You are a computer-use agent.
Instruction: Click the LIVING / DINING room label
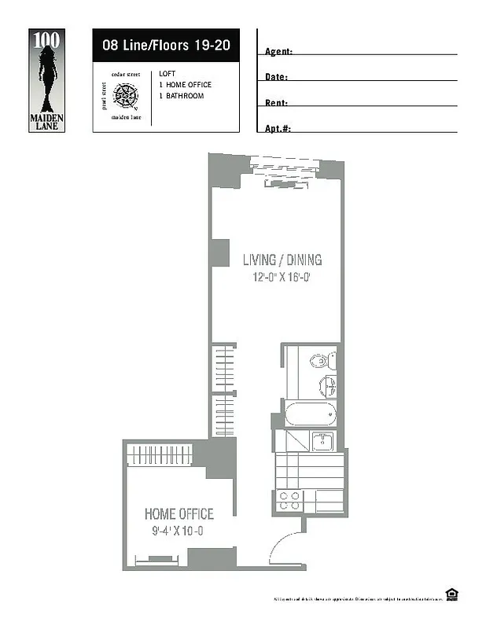(281, 260)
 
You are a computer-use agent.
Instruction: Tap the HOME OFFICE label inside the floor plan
(179, 514)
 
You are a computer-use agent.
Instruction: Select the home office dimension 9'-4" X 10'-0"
(178, 532)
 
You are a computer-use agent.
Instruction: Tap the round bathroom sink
(328, 386)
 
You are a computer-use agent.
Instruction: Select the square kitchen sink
(322, 441)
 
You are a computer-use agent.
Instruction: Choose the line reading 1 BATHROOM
(181, 96)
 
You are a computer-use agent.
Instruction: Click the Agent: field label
(278, 52)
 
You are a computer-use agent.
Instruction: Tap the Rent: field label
(276, 103)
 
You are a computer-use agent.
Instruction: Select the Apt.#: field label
(278, 128)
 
